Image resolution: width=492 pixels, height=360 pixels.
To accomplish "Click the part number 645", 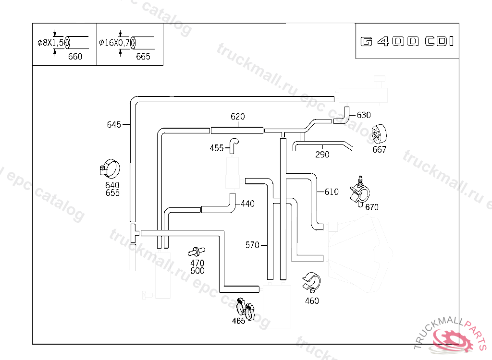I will [113, 125].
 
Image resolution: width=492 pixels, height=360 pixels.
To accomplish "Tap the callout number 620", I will [237, 117].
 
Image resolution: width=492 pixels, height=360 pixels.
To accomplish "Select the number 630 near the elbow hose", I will [364, 115].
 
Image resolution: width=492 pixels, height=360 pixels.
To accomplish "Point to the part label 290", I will [322, 155].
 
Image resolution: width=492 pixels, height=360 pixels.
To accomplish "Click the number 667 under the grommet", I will [379, 150].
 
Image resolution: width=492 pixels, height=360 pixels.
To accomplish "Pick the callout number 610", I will [332, 192].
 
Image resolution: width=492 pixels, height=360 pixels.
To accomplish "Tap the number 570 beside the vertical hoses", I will [252, 245].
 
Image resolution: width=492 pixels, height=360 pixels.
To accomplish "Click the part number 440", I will [247, 204].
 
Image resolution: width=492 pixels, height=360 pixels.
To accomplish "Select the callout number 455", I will [217, 148].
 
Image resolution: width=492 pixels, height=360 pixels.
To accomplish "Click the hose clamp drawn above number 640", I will [110, 168].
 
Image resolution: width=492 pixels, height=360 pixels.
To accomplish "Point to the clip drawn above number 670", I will [360, 192].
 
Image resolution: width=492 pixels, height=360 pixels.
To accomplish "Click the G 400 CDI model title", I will [407, 41].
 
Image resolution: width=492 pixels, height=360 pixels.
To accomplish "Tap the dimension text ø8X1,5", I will [50, 43].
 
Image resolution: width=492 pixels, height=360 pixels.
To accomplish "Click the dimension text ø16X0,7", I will [114, 43].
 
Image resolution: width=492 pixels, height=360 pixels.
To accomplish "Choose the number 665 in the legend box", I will [143, 57].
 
